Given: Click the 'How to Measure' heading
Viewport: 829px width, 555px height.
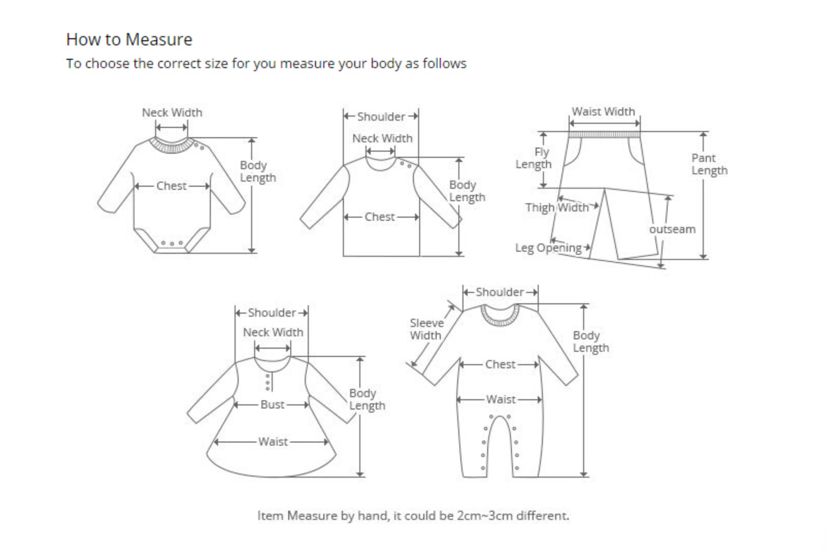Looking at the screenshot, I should (129, 40).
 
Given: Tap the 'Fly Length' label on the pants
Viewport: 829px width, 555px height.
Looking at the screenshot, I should (534, 158).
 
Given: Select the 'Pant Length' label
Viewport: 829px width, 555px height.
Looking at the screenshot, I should (709, 164).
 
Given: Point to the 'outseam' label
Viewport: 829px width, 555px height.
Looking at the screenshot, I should (672, 230).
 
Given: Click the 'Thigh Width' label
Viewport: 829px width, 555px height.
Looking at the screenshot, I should (556, 207).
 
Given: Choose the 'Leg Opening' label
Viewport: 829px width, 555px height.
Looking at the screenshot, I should (548, 248).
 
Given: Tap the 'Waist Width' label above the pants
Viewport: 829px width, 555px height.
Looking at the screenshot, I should (603, 112).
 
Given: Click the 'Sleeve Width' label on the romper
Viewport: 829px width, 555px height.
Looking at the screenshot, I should (426, 329).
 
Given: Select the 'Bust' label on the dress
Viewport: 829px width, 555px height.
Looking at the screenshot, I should (272, 405).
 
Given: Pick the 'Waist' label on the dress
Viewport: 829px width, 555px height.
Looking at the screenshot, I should (273, 442).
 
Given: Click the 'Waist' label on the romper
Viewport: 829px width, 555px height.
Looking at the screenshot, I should (501, 400).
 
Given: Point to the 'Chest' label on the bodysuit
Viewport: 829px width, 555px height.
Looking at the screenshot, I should (171, 186).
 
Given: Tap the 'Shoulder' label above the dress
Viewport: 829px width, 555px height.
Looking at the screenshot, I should (272, 313).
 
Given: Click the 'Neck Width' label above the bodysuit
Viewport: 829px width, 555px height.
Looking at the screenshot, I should (172, 113).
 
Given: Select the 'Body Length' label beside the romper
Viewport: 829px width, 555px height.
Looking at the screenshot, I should (590, 341).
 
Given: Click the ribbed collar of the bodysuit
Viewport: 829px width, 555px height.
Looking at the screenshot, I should (171, 146).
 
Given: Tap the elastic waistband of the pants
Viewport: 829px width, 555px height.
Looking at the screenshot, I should (604, 135).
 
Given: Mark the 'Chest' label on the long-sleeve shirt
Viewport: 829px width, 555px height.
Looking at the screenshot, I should (379, 217).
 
